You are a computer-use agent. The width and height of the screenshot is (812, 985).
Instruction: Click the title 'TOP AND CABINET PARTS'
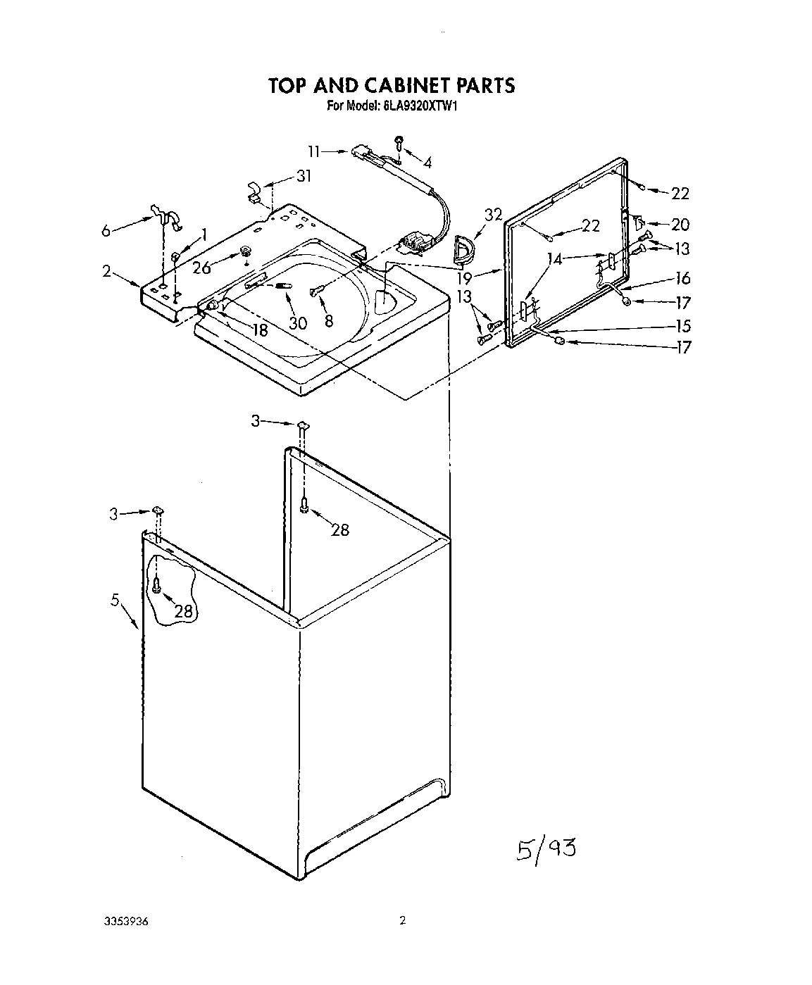click(x=392, y=85)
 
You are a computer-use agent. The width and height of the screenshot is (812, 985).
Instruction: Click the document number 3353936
click(x=126, y=921)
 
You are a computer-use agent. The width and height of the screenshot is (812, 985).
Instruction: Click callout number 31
click(x=303, y=176)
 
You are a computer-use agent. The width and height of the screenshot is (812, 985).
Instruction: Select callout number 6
click(x=106, y=230)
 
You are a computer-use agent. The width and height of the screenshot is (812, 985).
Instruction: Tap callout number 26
click(x=202, y=268)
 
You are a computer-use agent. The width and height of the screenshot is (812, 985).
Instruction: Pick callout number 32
click(x=494, y=215)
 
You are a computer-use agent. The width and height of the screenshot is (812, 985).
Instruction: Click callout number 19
click(x=482, y=278)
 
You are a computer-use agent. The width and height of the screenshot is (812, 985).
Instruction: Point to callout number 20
click(x=680, y=225)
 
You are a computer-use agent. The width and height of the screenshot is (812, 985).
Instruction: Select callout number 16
click(x=682, y=278)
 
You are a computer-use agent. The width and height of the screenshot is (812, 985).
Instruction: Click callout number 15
click(x=682, y=326)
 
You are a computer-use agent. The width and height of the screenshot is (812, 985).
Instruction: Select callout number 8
click(x=329, y=320)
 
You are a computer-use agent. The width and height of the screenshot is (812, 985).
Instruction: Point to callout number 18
click(x=260, y=330)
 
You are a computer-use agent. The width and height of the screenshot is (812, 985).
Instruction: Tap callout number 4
click(x=427, y=163)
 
